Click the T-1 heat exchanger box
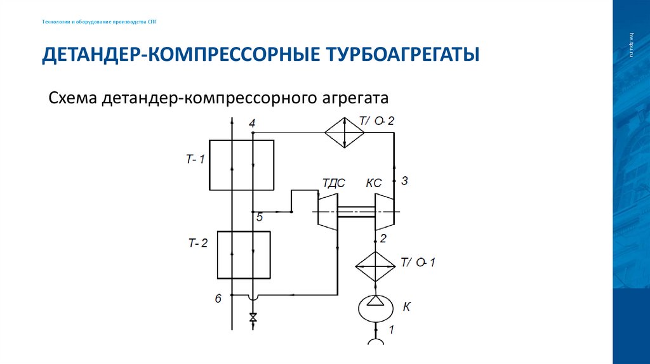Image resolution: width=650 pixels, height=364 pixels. (x=242, y=165)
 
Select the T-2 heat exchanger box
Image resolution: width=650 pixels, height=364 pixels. (x=244, y=255)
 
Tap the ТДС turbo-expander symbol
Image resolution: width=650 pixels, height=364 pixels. (x=328, y=211)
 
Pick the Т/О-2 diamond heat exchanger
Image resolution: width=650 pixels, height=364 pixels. (x=344, y=132)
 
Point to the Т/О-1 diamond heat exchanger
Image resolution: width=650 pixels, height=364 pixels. (x=375, y=266)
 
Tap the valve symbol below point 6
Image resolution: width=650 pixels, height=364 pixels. (x=253, y=317)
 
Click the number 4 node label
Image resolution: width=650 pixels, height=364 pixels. (x=252, y=123)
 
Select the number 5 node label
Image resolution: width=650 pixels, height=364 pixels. (x=259, y=218)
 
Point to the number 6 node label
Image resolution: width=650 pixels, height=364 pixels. (x=218, y=298)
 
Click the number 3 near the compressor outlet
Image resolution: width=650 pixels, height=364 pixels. (x=404, y=181)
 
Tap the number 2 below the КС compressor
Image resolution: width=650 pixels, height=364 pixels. (x=383, y=238)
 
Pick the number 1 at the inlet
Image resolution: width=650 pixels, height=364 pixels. (x=391, y=329)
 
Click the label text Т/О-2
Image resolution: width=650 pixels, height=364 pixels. (x=376, y=120)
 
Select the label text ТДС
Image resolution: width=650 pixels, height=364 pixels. (x=333, y=183)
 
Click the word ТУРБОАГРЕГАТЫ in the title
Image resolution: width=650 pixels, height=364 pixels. (x=402, y=55)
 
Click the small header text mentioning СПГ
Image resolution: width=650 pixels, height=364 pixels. (x=98, y=22)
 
